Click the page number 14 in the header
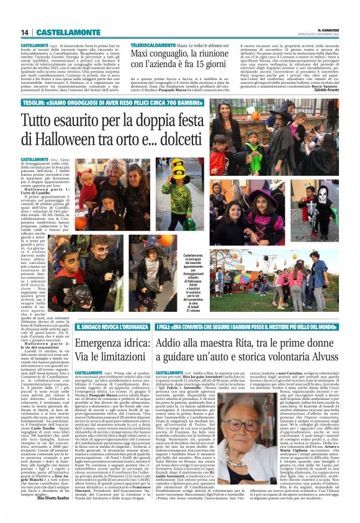point(25,32)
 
